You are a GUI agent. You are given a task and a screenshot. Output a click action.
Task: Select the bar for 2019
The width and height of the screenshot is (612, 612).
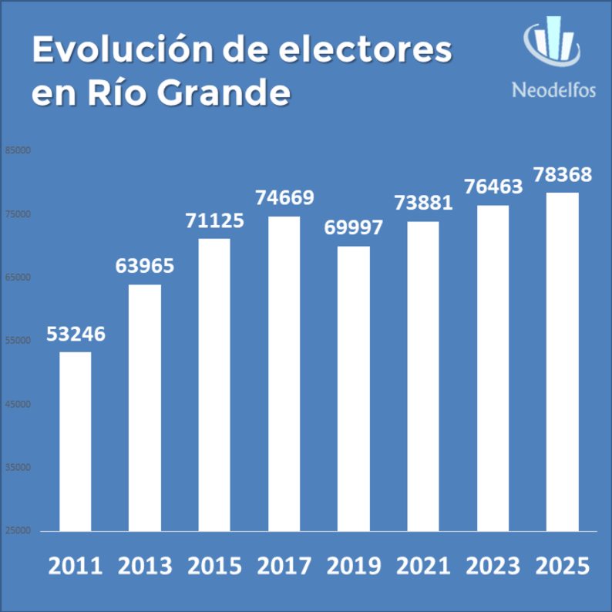[354, 388]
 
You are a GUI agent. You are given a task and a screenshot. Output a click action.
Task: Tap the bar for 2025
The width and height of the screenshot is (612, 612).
[563, 361]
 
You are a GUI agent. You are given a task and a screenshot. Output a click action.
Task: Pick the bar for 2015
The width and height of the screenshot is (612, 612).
[214, 385]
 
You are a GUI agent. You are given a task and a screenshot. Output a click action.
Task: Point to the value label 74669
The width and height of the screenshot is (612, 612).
[284, 198]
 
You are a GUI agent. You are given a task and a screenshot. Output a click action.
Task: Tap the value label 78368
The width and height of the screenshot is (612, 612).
[563, 174]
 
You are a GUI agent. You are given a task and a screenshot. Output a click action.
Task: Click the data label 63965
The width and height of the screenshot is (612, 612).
[145, 267]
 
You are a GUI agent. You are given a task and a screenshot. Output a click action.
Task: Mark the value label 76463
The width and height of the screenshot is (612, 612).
[493, 187]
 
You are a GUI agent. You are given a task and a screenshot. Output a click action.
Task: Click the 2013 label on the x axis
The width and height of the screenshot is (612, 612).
[145, 566]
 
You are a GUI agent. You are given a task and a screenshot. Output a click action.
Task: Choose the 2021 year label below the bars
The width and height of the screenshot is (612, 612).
[423, 566]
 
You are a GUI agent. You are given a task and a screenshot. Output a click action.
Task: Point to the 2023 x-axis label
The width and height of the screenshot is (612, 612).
[493, 566]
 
